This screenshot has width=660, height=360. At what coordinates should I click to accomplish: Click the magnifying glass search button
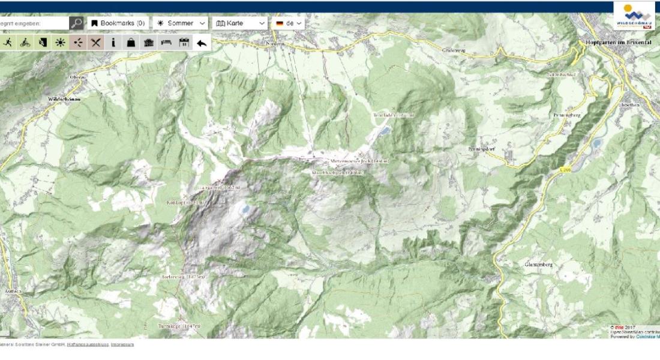(76, 23)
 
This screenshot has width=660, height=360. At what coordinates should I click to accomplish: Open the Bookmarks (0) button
(118, 23)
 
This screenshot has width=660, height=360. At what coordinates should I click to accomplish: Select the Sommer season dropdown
(181, 23)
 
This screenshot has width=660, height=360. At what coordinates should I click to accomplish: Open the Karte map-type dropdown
(240, 23)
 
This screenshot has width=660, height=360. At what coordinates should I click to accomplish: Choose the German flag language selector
(289, 23)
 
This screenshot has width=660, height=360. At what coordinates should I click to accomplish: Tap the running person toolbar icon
(8, 43)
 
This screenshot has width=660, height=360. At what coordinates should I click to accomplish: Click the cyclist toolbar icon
(25, 43)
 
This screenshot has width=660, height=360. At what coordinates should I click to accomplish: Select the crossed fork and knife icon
(95, 43)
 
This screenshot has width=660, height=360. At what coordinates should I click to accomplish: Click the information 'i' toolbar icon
(113, 43)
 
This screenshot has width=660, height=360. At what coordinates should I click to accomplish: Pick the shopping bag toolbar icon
(131, 43)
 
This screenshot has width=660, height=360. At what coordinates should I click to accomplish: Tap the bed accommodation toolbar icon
(167, 43)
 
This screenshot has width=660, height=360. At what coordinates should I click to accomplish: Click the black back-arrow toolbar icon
(202, 43)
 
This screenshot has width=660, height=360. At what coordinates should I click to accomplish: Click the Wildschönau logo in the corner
(634, 16)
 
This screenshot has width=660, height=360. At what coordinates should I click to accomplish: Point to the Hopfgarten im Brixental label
(620, 43)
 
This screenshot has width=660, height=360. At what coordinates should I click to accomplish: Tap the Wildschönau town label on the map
(64, 98)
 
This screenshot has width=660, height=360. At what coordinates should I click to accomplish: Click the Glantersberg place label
(539, 264)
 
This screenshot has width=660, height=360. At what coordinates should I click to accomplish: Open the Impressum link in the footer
(122, 345)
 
